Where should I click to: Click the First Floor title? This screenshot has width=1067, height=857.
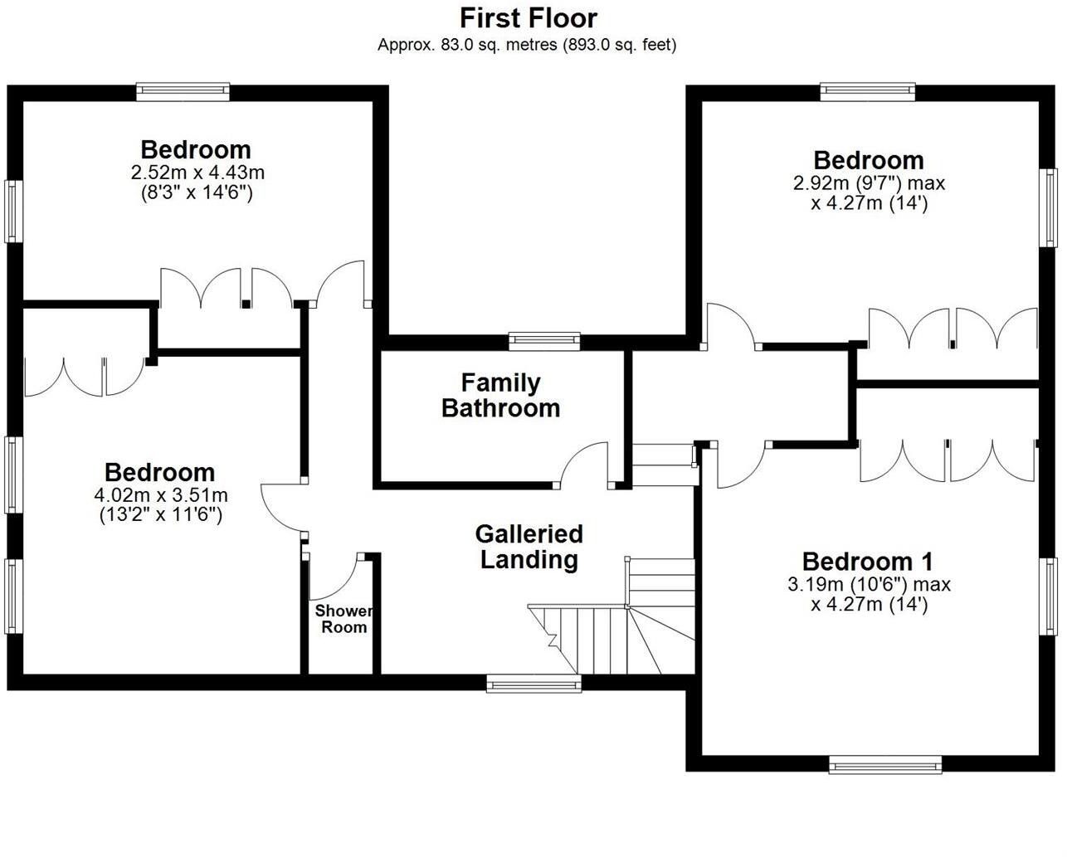(x=529, y=17)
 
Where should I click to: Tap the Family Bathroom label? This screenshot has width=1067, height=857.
(x=500, y=396)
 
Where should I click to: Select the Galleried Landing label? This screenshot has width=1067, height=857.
(x=529, y=547)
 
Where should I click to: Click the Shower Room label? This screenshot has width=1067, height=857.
(x=343, y=619)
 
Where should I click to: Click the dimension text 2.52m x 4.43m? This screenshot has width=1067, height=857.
(x=197, y=173)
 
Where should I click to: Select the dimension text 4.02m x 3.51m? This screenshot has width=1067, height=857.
(x=161, y=495)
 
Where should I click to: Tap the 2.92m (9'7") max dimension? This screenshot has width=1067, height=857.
(x=869, y=183)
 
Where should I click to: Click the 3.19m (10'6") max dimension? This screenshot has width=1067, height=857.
(x=869, y=584)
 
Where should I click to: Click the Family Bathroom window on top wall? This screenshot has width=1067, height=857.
(x=544, y=338)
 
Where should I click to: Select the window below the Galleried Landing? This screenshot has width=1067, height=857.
(x=533, y=684)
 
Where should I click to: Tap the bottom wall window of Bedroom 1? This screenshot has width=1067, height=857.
(x=885, y=765)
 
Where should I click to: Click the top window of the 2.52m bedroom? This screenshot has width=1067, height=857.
(x=183, y=91)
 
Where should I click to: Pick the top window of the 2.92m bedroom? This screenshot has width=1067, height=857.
(x=868, y=91)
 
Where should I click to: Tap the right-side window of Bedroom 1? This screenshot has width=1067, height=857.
(x=1050, y=596)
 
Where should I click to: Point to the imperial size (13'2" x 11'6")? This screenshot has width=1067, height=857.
(x=161, y=514)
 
